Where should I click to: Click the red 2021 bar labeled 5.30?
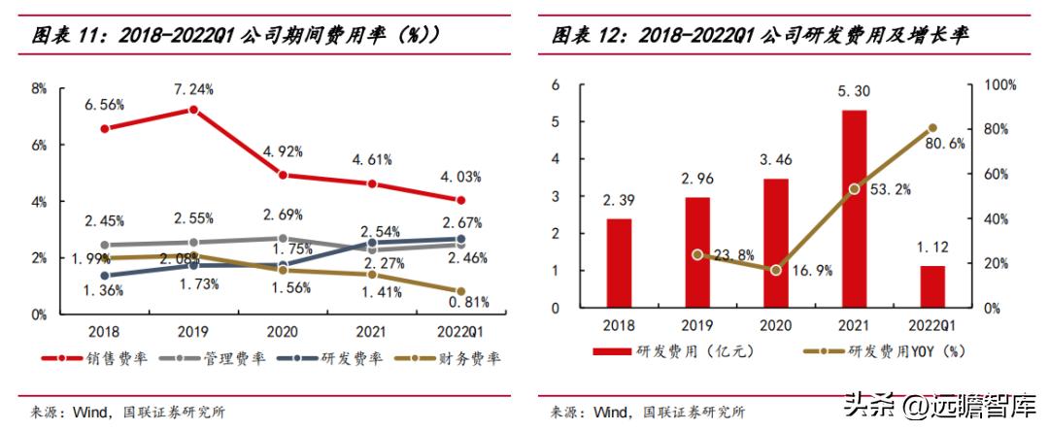pyautogui.click(x=854, y=209)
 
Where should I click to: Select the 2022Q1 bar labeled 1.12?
pyautogui.click(x=931, y=286)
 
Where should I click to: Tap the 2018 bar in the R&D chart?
pyautogui.click(x=619, y=263)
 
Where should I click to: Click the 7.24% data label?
pyautogui.click(x=194, y=89)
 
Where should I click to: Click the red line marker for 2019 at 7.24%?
pyautogui.click(x=193, y=110)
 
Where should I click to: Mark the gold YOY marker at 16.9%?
pyautogui.click(x=775, y=269)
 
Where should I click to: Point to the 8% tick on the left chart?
pyautogui.click(x=39, y=88)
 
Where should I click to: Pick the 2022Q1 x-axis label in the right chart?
pyautogui.click(x=931, y=324)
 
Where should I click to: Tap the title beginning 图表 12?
pyautogui.click(x=761, y=36)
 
